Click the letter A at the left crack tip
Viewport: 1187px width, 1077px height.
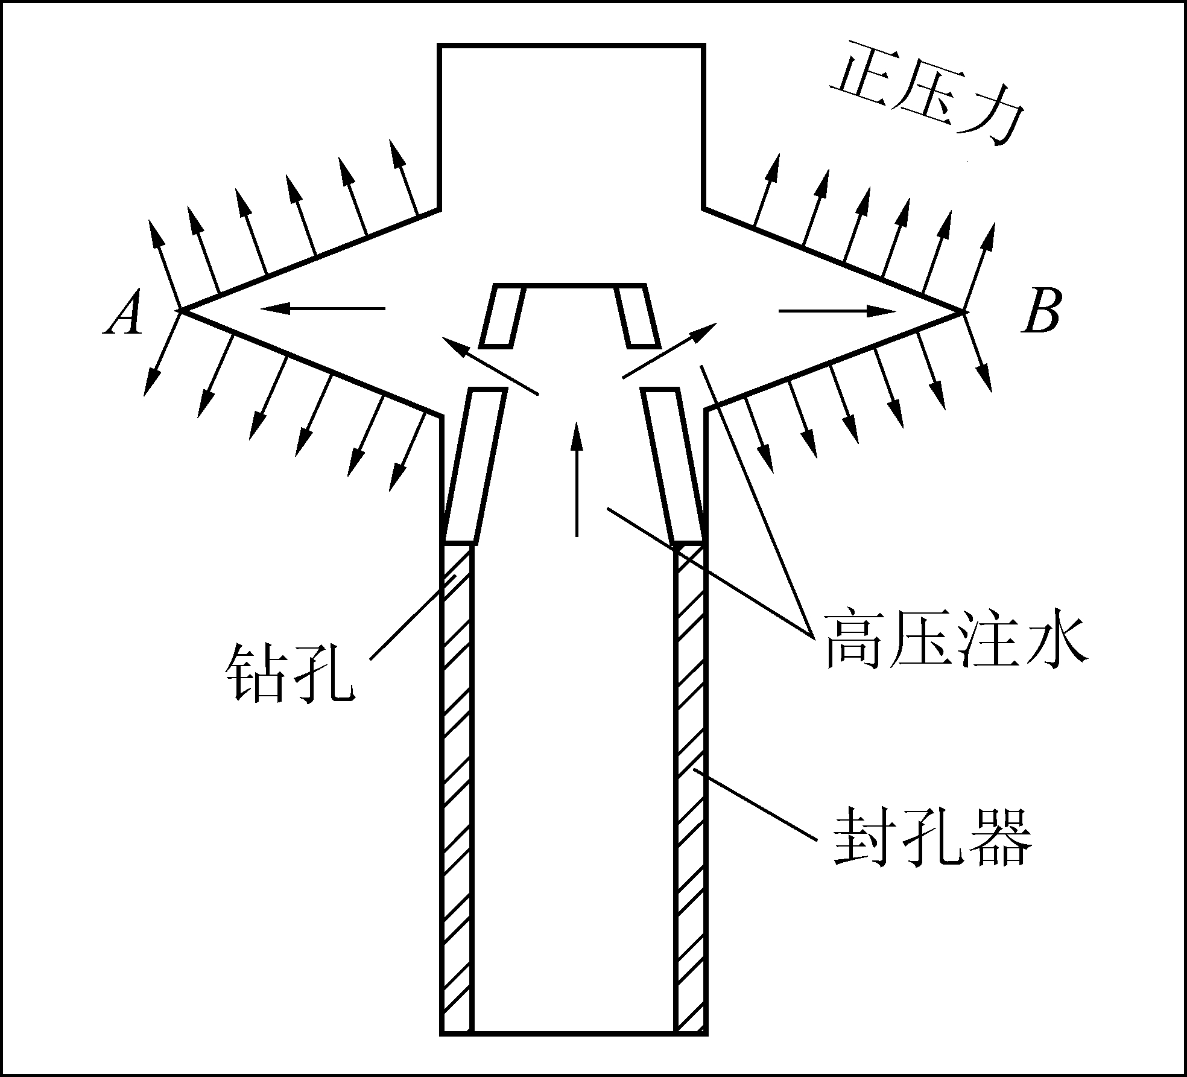125,313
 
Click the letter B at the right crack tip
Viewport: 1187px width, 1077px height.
1040,311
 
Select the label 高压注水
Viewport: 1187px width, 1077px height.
957,640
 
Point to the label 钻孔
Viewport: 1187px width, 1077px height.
290,673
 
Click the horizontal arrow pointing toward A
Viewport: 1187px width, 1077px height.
323,309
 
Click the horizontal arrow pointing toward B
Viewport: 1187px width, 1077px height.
837,311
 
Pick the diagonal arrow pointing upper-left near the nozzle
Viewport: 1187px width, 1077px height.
490,366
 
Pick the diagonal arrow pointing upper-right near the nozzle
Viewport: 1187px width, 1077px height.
669,351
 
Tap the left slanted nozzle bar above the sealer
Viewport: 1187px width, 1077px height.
475,466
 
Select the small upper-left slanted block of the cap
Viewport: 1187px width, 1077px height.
502,316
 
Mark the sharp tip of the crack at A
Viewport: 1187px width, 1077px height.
180,311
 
